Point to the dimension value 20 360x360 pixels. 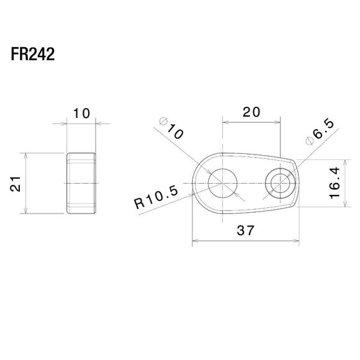coord(251,112)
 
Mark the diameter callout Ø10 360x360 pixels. coord(171,128)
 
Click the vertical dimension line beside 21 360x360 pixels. coord(27,184)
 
